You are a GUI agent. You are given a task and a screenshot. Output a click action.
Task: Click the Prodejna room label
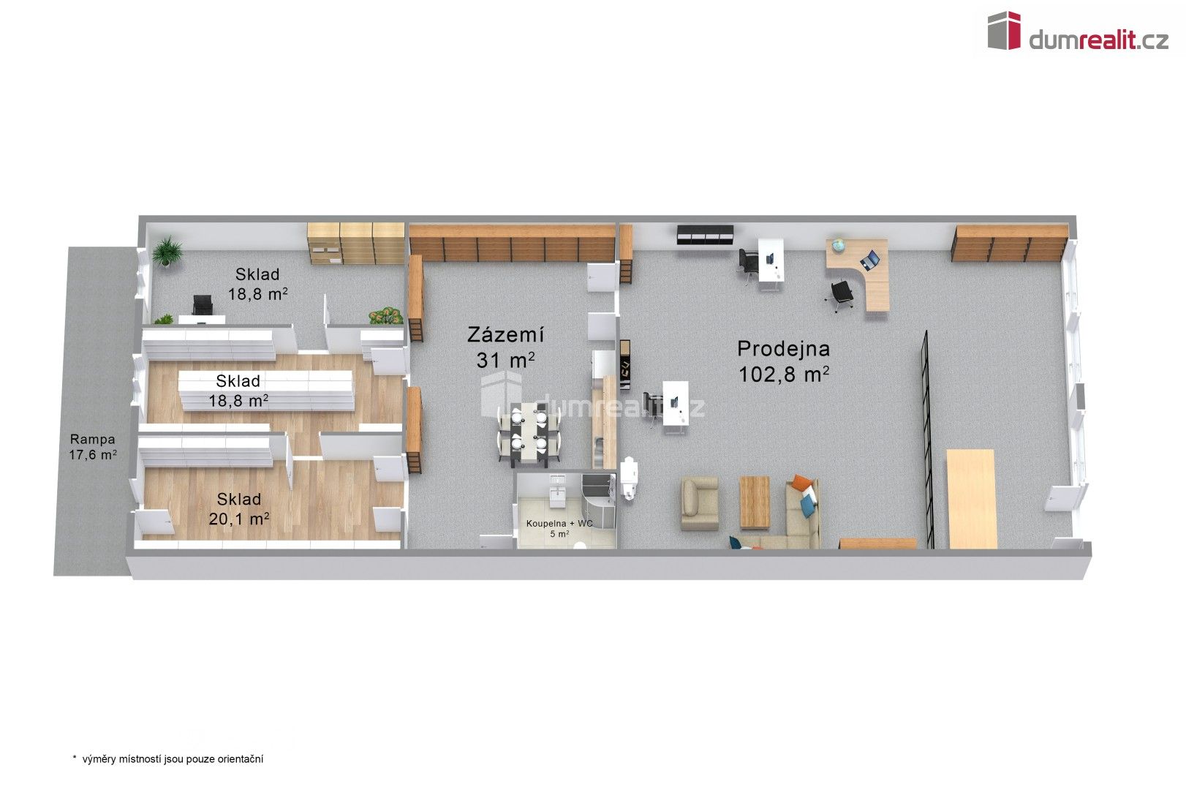[783, 348]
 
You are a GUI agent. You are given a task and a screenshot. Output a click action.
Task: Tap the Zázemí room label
[505, 335]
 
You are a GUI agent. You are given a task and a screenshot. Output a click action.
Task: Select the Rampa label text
[92, 440]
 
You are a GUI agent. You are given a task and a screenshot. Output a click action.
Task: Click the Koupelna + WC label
[559, 524]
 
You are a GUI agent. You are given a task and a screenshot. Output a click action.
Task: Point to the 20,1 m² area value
[239, 519]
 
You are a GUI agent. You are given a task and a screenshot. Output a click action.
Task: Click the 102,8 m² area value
[783, 375]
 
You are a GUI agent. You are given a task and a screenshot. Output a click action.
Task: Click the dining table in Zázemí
[529, 434]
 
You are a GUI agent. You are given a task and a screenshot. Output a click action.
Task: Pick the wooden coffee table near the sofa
[755, 502]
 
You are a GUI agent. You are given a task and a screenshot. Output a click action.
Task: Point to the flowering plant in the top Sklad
[385, 316]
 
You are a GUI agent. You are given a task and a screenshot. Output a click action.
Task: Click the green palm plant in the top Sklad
[168, 251]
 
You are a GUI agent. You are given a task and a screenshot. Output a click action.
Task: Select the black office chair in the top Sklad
[200, 305]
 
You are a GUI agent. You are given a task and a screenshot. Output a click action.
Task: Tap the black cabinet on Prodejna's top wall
[705, 235]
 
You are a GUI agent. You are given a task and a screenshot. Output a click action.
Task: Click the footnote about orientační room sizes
[167, 759]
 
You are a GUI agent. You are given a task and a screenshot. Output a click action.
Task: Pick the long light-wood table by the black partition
[971, 498]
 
